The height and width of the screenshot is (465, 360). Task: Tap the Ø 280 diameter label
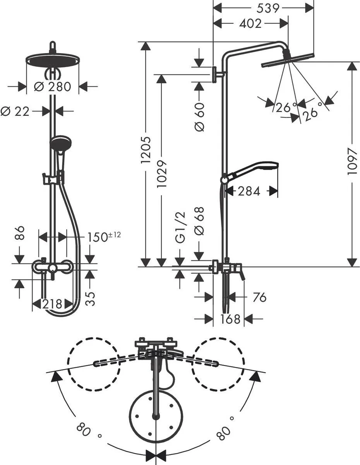click(53, 86)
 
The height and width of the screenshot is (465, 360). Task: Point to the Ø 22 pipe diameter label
click(15, 111)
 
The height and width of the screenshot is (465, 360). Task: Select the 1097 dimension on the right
click(351, 162)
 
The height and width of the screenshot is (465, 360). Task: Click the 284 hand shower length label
click(249, 191)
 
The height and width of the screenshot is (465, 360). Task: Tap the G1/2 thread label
click(180, 228)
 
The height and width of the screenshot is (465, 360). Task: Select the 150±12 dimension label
click(103, 236)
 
